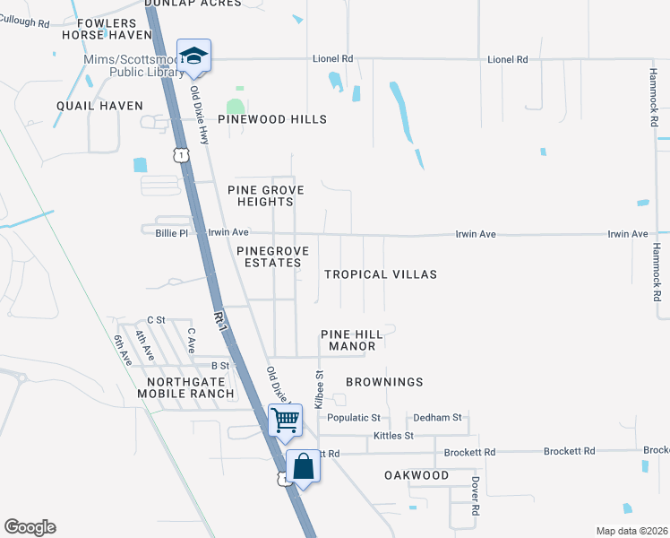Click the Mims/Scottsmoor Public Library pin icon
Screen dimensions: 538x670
[x=193, y=56]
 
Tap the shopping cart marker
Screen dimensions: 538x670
[x=285, y=420]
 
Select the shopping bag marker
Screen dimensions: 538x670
[x=303, y=467]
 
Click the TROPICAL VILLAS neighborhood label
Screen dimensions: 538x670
[x=381, y=274]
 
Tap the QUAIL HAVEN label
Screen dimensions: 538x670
[x=99, y=106]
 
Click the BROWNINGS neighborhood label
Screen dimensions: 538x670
[x=385, y=382]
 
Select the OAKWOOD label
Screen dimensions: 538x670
[x=417, y=474]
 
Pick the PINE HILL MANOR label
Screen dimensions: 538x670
[x=352, y=340]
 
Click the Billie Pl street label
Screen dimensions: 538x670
[x=171, y=232]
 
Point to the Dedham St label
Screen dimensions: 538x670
[x=437, y=418]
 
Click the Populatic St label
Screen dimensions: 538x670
[x=354, y=418]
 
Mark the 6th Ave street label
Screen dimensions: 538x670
[x=122, y=350]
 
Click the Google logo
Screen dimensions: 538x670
[x=30, y=527]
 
